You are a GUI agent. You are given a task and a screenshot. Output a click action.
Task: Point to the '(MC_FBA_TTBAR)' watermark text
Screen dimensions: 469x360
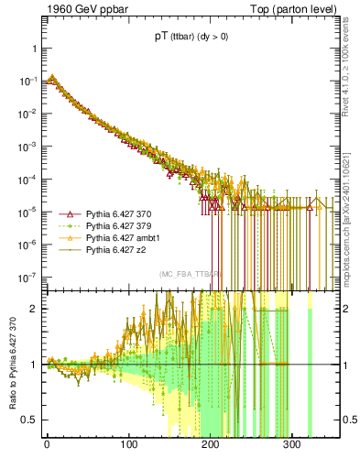(x=191, y=275)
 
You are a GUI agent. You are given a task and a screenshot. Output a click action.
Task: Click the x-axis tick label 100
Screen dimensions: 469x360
(x=128, y=451)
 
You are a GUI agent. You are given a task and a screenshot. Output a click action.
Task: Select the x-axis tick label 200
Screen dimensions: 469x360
(x=210, y=451)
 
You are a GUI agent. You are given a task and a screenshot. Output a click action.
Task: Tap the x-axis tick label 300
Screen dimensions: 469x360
(x=291, y=451)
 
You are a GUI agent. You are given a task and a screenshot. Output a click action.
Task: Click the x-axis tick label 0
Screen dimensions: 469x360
(x=47, y=451)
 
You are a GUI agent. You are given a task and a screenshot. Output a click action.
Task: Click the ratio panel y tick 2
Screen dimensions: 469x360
(x=34, y=309)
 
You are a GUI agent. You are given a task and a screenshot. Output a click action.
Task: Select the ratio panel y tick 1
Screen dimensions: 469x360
(x=34, y=365)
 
